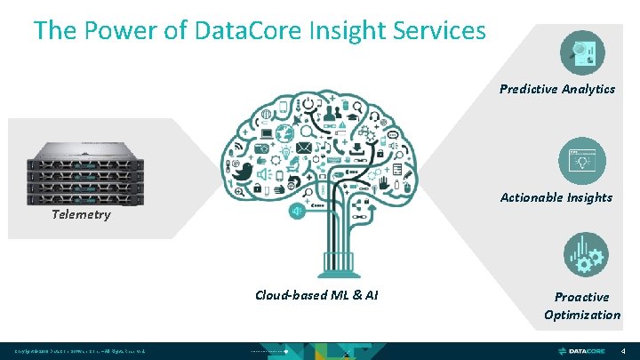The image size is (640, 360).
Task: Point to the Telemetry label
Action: (x=81, y=214)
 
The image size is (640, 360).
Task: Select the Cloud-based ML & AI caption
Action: (x=316, y=295)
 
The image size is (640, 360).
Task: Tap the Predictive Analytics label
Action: (x=557, y=89)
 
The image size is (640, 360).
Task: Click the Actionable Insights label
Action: (x=556, y=197)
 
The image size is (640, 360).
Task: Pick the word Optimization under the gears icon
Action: (x=582, y=315)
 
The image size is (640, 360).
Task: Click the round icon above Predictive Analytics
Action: (x=582, y=52)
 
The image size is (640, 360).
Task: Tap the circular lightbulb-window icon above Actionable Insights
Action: (x=582, y=161)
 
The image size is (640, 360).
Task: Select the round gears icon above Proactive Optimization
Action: (x=582, y=254)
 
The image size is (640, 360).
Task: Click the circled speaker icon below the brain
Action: (x=298, y=212)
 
